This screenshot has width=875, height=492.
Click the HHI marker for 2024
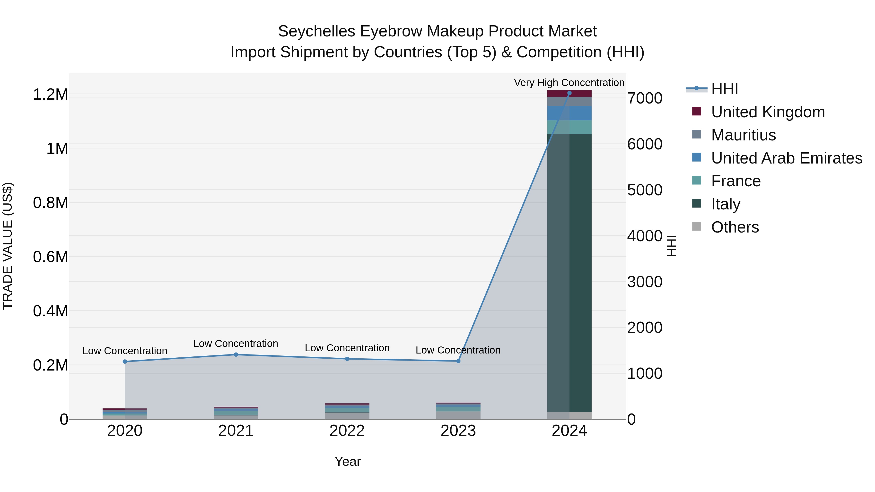569,93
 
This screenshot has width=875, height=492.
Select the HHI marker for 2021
236,354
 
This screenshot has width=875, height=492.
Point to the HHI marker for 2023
458,361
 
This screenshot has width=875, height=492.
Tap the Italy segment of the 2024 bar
569,272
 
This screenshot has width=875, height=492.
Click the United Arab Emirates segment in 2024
569,113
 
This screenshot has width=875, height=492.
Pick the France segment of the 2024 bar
569,127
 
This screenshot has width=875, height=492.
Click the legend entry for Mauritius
743,135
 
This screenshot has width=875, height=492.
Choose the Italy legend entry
726,204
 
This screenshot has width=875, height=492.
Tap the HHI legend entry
724,89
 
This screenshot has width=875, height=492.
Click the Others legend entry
735,227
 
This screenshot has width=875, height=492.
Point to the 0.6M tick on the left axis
51,257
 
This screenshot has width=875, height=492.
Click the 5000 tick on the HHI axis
644,190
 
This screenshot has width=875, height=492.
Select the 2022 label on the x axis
347,431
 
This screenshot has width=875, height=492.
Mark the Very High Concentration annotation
569,83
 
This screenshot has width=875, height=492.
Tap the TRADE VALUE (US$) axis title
8,246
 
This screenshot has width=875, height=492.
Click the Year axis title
348,461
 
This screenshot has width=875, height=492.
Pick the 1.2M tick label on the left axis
51,95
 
